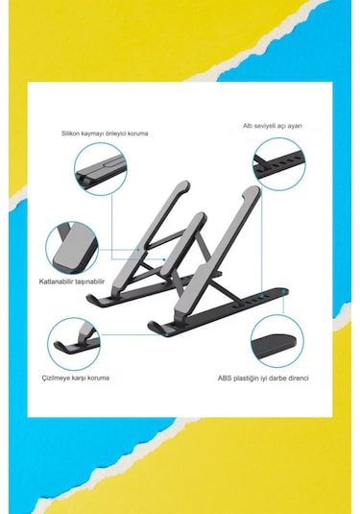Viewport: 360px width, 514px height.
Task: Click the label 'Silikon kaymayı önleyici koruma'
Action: point(105,134)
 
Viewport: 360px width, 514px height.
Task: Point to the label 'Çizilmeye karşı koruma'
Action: point(79,378)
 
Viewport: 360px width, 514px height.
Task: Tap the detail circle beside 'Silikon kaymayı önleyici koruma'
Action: point(100,165)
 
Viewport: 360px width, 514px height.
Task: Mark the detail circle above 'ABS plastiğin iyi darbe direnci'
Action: point(277,341)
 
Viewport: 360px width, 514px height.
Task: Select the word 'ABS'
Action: point(224,378)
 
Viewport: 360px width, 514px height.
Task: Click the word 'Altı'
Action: point(247,125)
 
